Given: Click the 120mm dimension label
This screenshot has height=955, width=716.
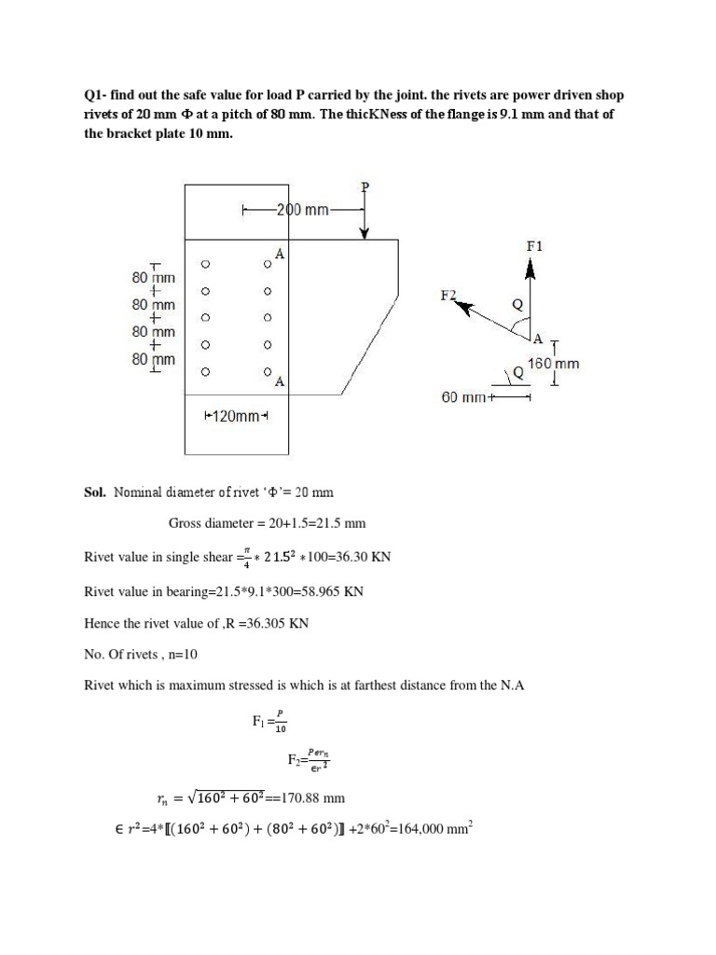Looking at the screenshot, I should [235, 416].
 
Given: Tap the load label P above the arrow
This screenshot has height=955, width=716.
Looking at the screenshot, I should [365, 187].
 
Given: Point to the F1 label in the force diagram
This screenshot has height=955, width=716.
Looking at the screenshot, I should [534, 246].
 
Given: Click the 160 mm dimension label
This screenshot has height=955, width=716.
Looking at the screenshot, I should [554, 364].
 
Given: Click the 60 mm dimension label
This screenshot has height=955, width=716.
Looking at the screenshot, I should [462, 398].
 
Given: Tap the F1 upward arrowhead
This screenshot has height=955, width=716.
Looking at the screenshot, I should [530, 268].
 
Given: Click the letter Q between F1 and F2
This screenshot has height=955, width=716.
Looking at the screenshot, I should [518, 304].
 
